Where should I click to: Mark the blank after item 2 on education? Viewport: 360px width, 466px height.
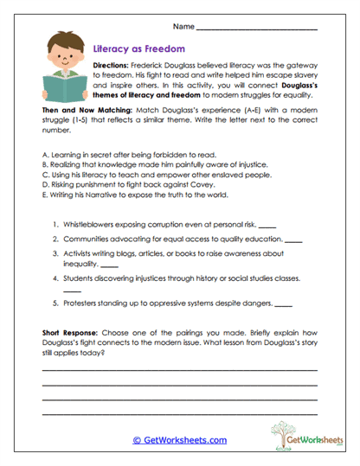pos(293,239)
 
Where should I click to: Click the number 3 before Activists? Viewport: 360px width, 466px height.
pos(55,254)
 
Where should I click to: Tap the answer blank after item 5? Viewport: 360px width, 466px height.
pos(283,305)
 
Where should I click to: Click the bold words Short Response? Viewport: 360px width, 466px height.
pos(70,331)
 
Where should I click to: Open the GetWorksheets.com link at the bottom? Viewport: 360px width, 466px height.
pos(179,440)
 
